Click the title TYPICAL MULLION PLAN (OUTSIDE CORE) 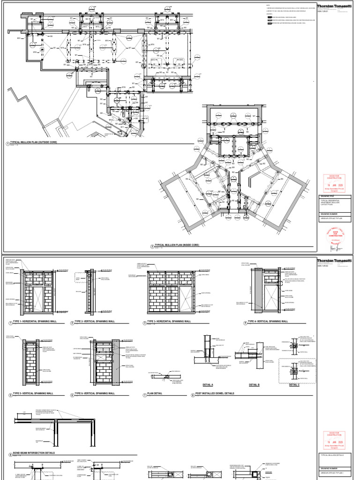pos(33,142)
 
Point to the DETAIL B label pos(254,384)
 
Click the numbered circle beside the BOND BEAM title pos(10,454)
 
